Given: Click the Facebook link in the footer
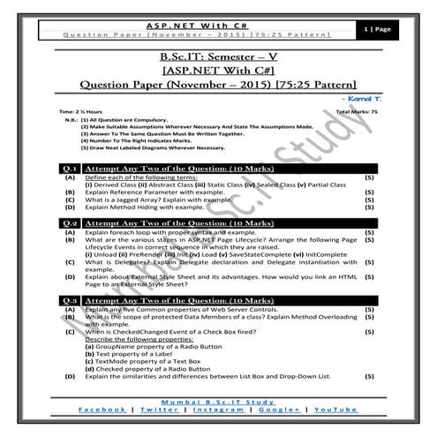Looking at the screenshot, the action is click(102, 411).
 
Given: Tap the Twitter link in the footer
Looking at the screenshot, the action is click(159, 411).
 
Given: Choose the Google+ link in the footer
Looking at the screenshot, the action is click(280, 411).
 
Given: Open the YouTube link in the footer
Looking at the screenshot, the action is click(335, 411).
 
